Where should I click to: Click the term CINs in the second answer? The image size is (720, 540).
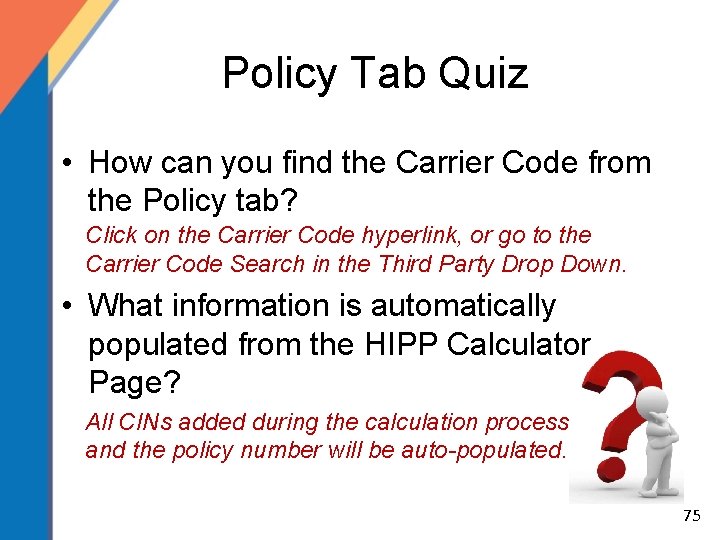138,422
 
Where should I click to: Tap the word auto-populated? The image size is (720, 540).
483,450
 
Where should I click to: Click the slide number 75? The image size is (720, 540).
690,516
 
